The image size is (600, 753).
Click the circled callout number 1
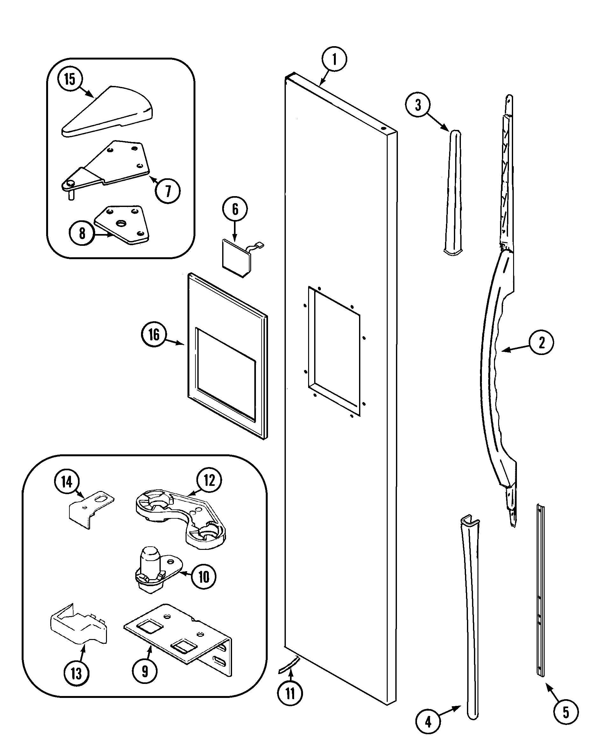click(x=334, y=59)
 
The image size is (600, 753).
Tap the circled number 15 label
click(x=70, y=79)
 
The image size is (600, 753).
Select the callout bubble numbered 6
click(x=235, y=209)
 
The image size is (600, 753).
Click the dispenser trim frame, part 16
click(x=227, y=356)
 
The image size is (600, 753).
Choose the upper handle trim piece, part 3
click(x=453, y=192)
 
